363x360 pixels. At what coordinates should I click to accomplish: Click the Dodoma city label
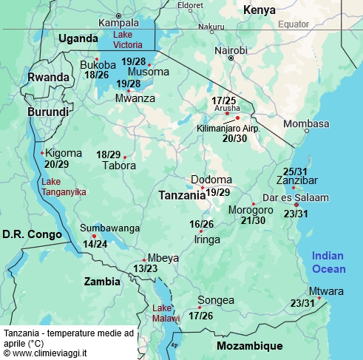(x=211, y=180)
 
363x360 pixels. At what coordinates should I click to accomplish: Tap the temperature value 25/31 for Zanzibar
(x=296, y=171)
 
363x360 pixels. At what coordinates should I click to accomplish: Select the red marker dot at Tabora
(x=126, y=157)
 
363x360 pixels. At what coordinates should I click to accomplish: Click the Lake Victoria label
(x=134, y=40)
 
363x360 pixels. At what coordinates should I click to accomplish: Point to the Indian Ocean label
(x=328, y=261)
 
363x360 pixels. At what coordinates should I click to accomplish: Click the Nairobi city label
(x=231, y=50)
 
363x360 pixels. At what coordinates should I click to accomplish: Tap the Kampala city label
(x=119, y=23)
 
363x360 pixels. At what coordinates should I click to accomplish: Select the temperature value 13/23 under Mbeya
(x=144, y=268)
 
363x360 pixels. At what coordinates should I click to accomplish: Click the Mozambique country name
(x=250, y=346)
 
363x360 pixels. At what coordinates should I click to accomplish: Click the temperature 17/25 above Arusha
(x=224, y=100)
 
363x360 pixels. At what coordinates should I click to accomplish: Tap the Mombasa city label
(x=305, y=123)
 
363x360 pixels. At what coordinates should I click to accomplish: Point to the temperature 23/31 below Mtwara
(x=302, y=303)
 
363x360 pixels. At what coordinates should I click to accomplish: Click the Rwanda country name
(x=48, y=77)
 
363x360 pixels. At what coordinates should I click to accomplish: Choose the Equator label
(x=294, y=24)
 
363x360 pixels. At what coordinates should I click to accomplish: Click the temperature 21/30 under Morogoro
(x=253, y=220)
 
